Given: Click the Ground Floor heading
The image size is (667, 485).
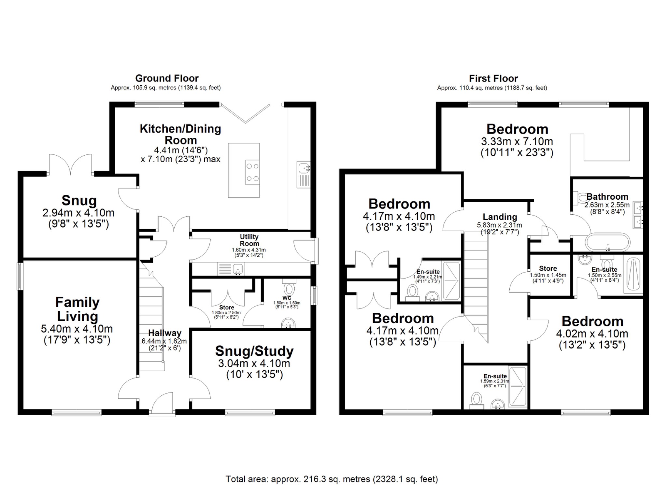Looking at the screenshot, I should coord(167,78).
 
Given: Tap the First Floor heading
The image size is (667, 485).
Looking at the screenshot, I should coord(493,78).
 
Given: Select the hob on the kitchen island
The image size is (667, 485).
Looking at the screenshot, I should coord(252,172).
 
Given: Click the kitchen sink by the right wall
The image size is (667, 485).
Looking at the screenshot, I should coord(303,175).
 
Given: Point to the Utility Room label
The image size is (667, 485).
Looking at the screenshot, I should coord(249,240).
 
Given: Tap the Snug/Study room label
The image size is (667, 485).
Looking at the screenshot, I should coord(254,351).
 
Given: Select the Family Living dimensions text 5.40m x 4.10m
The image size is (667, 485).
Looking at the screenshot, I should coord(77,329).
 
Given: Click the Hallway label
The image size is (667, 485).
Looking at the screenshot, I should coord(164,333).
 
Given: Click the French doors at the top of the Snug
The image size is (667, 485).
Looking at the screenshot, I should coord(70,164).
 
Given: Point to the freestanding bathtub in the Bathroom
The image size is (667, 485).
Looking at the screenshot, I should coord(607,242).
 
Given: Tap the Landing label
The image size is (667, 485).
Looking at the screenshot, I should coord(500,217).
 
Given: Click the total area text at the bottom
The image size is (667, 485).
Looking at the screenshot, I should coord(332,479).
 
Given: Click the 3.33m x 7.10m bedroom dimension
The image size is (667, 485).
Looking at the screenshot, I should coord(517,141).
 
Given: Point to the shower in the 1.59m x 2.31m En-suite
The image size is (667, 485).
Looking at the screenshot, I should coord(518,387).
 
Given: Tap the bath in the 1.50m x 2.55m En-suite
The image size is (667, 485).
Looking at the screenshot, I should coord(632,274).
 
